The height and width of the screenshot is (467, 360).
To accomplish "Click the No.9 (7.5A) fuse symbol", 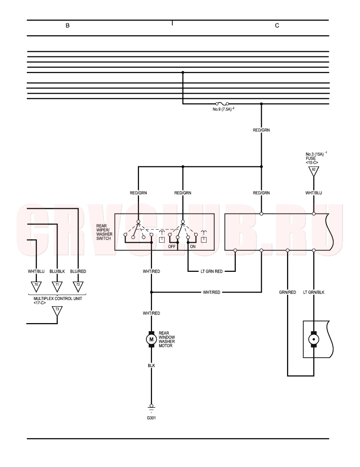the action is (x=222, y=103).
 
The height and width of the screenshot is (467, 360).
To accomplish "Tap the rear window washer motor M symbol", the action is (x=152, y=339).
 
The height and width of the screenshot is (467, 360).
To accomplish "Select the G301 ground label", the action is (x=152, y=418).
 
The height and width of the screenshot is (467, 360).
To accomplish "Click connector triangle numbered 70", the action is (x=36, y=286).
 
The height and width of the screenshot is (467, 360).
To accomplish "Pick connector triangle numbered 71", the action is (x=57, y=286).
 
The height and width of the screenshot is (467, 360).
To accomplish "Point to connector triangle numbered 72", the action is (x=78, y=286).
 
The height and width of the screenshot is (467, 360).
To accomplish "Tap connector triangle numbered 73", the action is (x=57, y=311).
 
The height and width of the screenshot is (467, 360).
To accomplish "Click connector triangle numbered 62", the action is (x=313, y=171).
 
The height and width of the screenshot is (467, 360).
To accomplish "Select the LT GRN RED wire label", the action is (x=211, y=271).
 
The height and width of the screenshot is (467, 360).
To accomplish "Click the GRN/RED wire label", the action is (x=288, y=293).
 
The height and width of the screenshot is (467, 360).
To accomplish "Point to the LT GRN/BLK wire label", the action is (x=313, y=293).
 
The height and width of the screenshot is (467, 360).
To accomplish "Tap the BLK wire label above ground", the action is (x=152, y=365).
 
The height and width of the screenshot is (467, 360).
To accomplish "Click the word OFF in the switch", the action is (x=172, y=246).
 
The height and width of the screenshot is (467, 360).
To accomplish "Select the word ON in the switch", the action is (x=193, y=246).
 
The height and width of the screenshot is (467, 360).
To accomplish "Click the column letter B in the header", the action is (x=68, y=25).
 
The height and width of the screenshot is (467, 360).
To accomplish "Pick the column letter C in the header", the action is (x=277, y=25).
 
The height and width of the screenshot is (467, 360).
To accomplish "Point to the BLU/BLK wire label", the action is (x=57, y=271).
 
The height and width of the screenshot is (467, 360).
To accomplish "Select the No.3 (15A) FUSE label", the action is (x=316, y=158).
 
